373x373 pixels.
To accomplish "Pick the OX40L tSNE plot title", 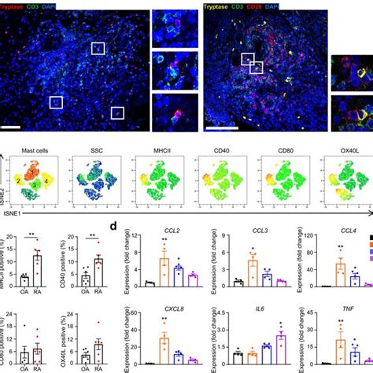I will tap(335, 148).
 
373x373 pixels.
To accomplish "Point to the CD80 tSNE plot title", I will tap(274, 148).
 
